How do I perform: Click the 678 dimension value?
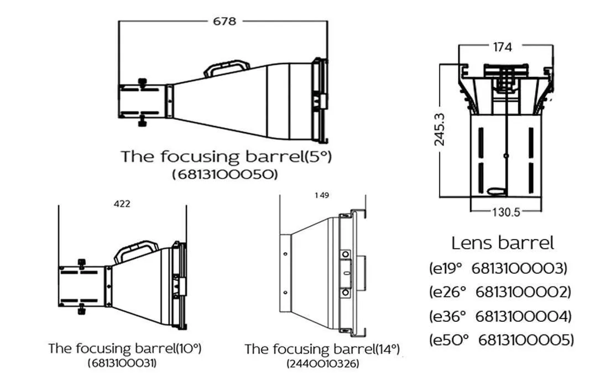pyautogui.click(x=224, y=22)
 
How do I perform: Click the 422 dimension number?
pyautogui.click(x=122, y=204)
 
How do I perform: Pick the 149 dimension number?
pyautogui.click(x=321, y=195)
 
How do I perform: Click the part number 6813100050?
pyautogui.click(x=224, y=174)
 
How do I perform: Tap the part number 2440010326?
pyautogui.click(x=322, y=364)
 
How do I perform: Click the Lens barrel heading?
pyautogui.click(x=502, y=242)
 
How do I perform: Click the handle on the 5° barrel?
pyautogui.click(x=226, y=68)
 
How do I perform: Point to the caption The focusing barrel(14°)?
pyautogui.click(x=322, y=349)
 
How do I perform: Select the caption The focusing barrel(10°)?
pyautogui.click(x=124, y=348)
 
